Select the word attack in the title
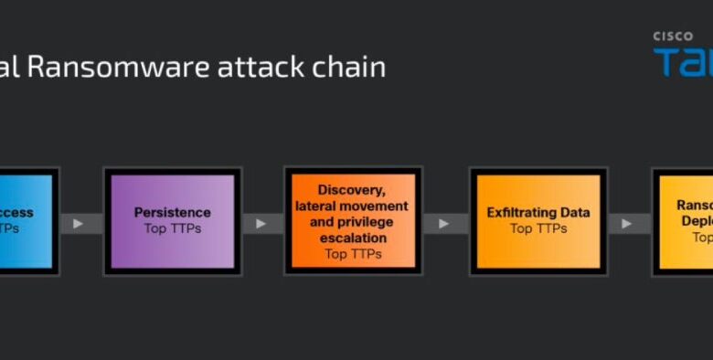(x=256, y=67)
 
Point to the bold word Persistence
(x=173, y=212)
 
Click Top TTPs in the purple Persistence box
(x=173, y=228)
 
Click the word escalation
(x=353, y=238)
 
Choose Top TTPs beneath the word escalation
(x=353, y=253)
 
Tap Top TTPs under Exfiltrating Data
(x=537, y=228)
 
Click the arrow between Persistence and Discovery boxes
(x=261, y=222)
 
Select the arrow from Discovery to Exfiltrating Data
(x=444, y=222)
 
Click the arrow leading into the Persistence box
(x=80, y=222)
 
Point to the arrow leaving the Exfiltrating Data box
(x=628, y=222)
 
